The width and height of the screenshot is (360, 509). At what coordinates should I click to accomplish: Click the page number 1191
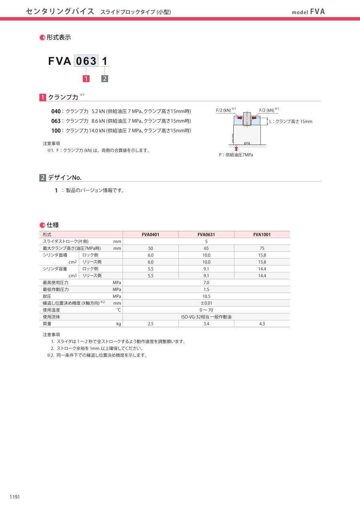click(x=14, y=497)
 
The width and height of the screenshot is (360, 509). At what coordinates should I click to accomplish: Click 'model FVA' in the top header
click(x=308, y=12)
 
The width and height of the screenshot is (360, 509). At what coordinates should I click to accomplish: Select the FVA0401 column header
click(x=150, y=234)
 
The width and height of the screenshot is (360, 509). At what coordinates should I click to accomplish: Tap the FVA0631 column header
click(x=206, y=234)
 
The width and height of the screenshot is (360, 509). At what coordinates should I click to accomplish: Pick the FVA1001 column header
click(x=262, y=234)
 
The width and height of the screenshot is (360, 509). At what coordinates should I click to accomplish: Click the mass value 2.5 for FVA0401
click(x=150, y=324)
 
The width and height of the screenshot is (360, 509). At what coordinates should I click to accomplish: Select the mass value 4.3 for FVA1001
click(x=262, y=324)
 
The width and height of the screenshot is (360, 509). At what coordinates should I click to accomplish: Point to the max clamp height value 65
click(x=206, y=248)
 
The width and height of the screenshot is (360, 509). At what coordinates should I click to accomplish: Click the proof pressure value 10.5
click(x=206, y=297)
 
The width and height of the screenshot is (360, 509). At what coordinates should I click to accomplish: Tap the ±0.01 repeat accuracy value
click(x=206, y=303)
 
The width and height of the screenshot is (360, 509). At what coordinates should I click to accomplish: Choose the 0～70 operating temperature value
click(x=206, y=310)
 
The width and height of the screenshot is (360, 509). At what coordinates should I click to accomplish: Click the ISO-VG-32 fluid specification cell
click(x=206, y=317)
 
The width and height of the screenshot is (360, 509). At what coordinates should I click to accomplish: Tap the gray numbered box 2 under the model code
click(x=104, y=79)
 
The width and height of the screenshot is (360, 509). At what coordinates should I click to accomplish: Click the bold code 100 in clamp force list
click(x=56, y=131)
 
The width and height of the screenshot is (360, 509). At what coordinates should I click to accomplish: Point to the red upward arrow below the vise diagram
click(x=236, y=148)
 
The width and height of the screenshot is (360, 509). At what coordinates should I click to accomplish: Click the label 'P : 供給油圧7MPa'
click(x=236, y=155)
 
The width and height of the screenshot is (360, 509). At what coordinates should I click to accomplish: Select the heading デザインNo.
click(x=65, y=178)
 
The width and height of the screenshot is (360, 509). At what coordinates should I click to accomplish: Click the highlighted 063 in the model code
click(x=86, y=61)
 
